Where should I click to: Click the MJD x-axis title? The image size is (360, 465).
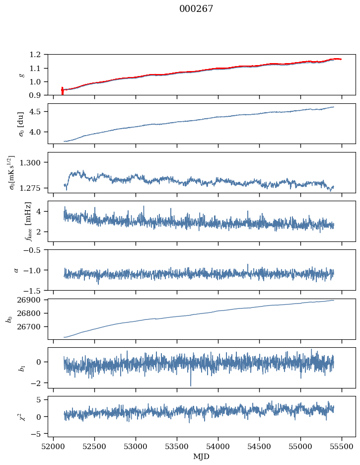[x=202, y=457]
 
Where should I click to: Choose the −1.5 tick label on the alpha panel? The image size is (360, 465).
[x=35, y=290]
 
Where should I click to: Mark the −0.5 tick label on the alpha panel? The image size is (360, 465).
[x=35, y=250]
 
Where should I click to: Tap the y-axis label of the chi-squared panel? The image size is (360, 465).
[x=9, y=417]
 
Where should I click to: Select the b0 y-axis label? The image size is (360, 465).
[x=9, y=319]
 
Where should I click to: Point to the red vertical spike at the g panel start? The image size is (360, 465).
[x=62, y=91]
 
